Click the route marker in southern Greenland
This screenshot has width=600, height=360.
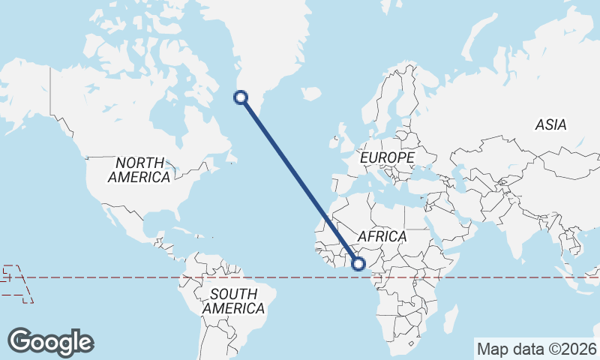point(241,96)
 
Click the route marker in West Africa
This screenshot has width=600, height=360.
point(358,263)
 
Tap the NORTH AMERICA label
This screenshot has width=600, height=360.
point(139,170)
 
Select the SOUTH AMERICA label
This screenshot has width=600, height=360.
point(233,301)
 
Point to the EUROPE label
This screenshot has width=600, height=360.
point(387,158)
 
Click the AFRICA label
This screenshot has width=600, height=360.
point(382,236)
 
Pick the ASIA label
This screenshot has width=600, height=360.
point(550,125)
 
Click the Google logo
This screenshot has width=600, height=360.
point(50,342)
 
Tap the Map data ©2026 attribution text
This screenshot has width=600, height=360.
point(536,349)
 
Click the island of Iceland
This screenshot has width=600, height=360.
point(310,94)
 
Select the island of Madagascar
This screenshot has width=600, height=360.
point(450,319)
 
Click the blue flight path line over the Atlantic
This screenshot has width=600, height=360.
point(300,180)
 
